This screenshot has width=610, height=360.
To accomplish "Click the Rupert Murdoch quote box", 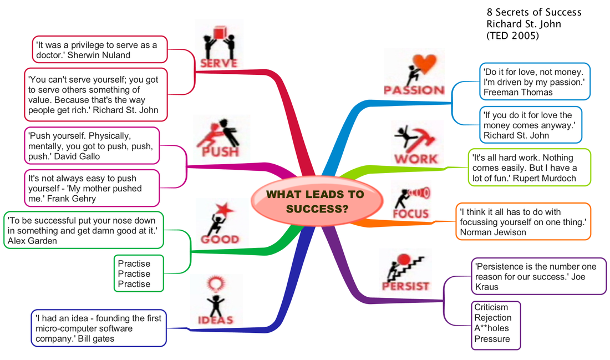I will coord(524,167).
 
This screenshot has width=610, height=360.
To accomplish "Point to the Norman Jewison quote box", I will coord(523,221).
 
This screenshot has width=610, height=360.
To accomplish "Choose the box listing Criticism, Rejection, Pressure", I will coord(496,325).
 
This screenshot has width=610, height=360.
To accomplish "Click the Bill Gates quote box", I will coord(98,328).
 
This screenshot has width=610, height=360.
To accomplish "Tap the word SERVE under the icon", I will coord(219,64).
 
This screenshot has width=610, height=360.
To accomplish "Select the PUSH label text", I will coord(220,151).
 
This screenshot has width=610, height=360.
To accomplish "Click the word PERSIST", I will coord(405,286).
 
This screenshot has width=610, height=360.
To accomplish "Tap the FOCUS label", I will coord(411,214).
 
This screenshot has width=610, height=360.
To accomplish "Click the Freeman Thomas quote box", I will coord(534,82).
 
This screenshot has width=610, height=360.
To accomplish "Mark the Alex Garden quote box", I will coord(84,230).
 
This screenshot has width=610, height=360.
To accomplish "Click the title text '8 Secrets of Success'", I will coord(533,12).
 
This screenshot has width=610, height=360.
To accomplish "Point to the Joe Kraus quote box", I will coord(538,276).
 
